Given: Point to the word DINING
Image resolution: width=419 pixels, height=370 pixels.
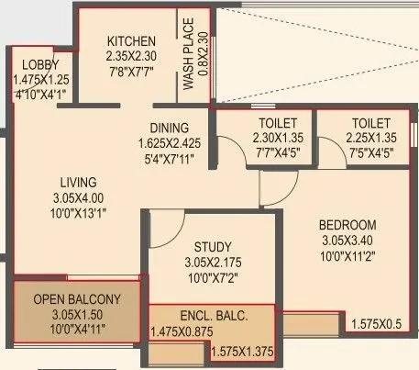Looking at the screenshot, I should [171, 129].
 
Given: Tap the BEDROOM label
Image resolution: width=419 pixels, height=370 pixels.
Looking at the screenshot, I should [347, 225].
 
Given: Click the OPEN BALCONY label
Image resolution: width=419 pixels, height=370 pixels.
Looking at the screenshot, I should [76, 299].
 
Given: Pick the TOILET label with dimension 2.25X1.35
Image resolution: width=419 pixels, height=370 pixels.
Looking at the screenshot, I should [370, 123].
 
